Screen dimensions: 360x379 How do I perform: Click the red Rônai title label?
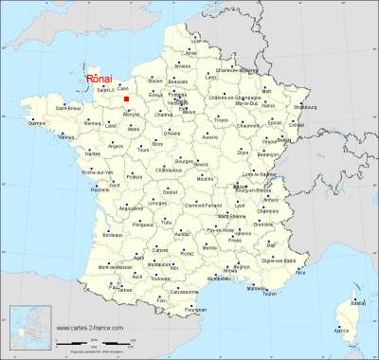99,80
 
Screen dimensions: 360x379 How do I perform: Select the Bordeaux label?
113,234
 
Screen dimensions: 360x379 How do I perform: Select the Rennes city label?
92,123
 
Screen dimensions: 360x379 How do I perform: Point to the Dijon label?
244,152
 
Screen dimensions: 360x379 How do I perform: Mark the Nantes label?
93,153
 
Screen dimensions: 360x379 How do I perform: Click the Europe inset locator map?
28,329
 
